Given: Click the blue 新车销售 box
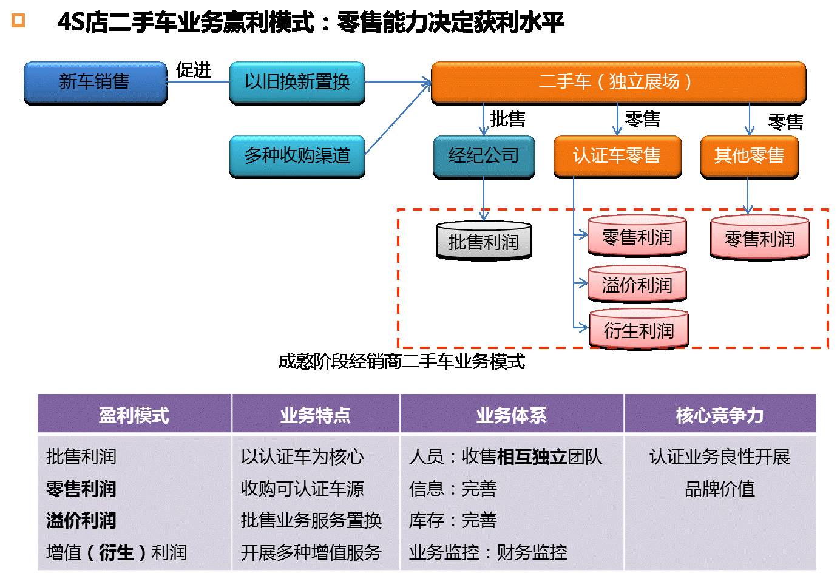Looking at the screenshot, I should point(95,83).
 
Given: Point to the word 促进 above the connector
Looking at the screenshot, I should point(193,70).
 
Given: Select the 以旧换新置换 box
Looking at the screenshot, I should point(297,83).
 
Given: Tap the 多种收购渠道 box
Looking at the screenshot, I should point(297,157).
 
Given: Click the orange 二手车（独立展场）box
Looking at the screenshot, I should point(618,82).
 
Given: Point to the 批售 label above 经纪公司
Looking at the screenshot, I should point(507,119).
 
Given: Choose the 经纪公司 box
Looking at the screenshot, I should point(484,157).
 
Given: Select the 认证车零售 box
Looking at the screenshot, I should point(617,157).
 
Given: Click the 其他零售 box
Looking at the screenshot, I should point(749,157).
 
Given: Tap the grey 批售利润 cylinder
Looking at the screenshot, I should point(484,242).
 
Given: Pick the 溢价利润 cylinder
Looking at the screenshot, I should point(637,285).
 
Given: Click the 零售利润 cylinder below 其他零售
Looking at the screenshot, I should point(759,239).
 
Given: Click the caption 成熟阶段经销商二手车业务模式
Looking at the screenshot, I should point(401,362).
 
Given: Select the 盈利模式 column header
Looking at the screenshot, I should point(134,415).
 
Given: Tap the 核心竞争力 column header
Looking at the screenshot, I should point(719,415).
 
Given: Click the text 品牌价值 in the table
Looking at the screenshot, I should point(719,489).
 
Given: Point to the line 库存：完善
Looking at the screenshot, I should point(453,521).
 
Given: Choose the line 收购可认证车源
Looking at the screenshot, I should point(302,489).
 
